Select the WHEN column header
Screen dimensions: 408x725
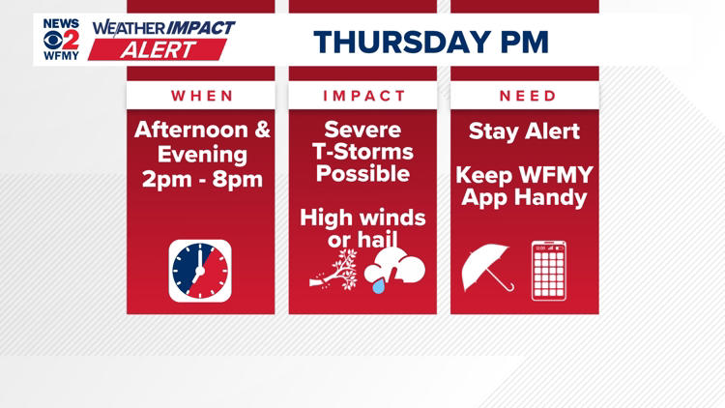[202, 96]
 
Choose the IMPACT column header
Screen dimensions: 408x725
[363, 96]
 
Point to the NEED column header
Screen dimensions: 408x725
[528, 96]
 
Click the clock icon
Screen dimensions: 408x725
[200, 271]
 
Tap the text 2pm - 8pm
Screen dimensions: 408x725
[202, 179]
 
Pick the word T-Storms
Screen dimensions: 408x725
[363, 153]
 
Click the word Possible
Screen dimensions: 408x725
[363, 175]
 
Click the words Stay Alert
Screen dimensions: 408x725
[525, 131]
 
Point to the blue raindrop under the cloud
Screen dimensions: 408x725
[379, 286]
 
